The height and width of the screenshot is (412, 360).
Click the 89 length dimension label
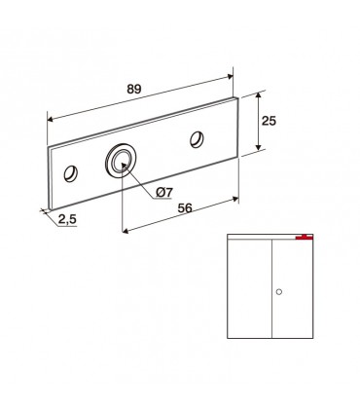[134, 89]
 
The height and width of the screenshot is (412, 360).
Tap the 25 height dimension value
[269, 121]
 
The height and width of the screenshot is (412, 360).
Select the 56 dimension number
[185, 208]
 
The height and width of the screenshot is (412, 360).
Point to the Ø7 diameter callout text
[163, 193]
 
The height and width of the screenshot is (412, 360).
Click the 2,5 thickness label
[67, 219]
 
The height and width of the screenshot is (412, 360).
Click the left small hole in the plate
[70, 173]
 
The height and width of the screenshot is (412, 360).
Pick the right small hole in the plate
[197, 139]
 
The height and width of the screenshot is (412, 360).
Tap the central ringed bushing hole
[121, 159]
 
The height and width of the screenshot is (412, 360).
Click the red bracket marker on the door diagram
[305, 238]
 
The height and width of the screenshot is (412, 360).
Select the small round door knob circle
[278, 291]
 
